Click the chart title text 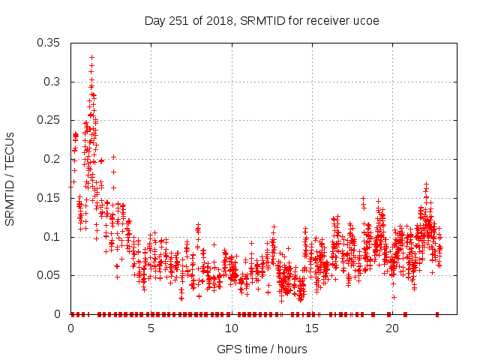point(262,20)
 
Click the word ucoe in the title point(366,20)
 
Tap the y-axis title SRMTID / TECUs point(10,178)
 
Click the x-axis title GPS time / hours point(262,349)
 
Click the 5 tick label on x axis point(151,328)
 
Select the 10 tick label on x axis point(232,328)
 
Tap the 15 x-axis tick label point(312,328)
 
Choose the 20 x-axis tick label point(392,328)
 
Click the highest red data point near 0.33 point(91,57)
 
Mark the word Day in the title point(154,20)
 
